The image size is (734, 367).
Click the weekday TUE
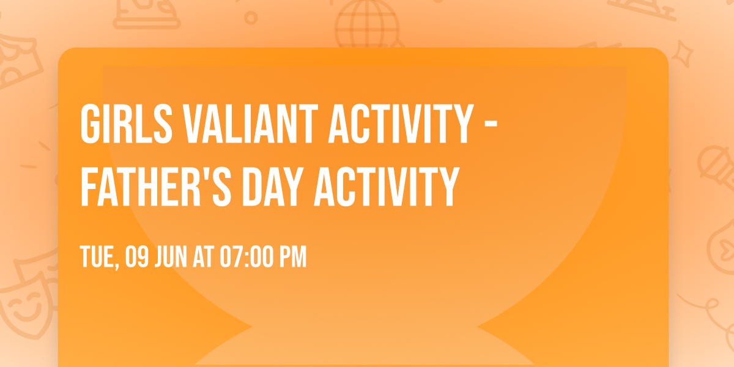coord(97,257)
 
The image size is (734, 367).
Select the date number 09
coord(137,257)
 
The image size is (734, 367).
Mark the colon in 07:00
coord(245,257)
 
